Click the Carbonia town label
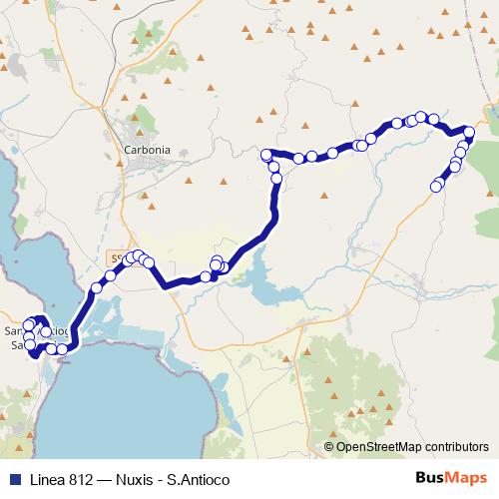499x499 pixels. click(146, 150)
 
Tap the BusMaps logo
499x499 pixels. click(448, 477)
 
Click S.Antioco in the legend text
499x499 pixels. click(196, 477)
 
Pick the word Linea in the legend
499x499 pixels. click(46, 477)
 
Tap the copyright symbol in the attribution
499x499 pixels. click(328, 447)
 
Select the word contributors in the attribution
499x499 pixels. click(454, 447)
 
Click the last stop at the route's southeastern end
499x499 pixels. click(435, 187)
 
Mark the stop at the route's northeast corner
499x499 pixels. click(469, 131)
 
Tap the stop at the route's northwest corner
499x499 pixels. click(266, 155)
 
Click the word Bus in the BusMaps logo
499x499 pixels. click(431, 477)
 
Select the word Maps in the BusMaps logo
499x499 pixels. click(464, 477)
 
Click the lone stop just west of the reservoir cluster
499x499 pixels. click(206, 276)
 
